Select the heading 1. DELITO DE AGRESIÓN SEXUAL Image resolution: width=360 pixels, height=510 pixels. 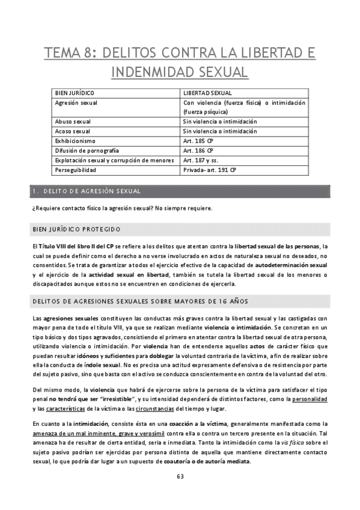tap(87, 191)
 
